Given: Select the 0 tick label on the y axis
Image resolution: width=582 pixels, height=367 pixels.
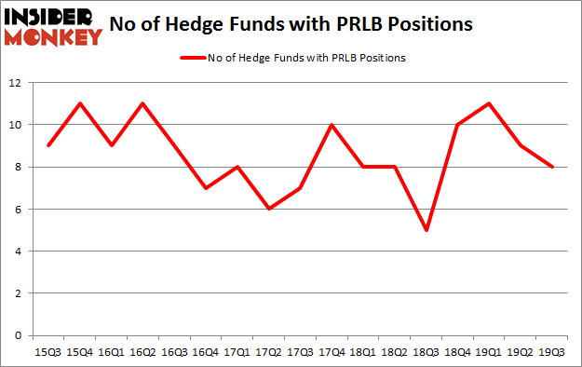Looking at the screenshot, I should coord(19,335).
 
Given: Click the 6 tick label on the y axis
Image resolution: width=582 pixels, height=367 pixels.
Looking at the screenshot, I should coord(19,210).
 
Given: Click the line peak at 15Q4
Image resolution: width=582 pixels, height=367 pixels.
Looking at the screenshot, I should coord(80,103).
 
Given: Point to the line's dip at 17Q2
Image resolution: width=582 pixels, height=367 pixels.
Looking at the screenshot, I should coord(269,209).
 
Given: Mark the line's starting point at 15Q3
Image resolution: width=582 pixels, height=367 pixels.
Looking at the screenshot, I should coord(48,145).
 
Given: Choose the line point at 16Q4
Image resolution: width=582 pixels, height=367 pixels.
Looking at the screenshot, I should coord(206,188).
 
